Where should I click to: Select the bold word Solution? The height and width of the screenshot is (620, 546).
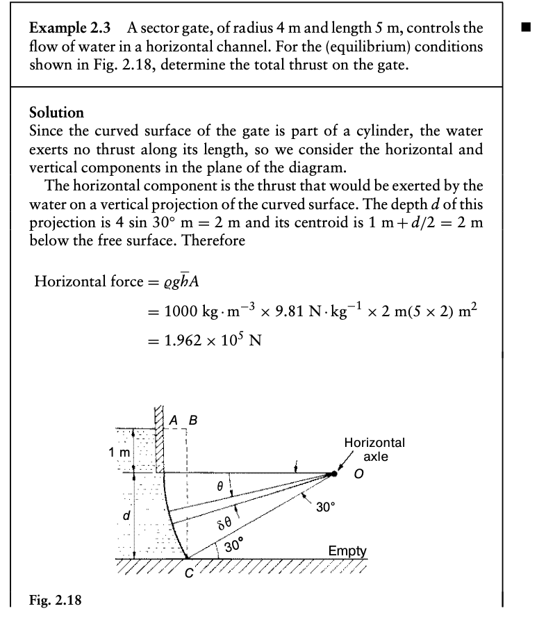click(56, 113)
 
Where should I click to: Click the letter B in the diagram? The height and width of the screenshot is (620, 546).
click(193, 420)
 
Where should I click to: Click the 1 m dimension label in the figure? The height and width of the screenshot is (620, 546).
click(117, 453)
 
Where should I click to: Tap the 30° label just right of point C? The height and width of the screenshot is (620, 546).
click(233, 544)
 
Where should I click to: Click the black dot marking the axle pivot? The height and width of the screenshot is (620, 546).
click(334, 474)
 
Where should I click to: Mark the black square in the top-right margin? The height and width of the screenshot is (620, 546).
click(525, 28)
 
